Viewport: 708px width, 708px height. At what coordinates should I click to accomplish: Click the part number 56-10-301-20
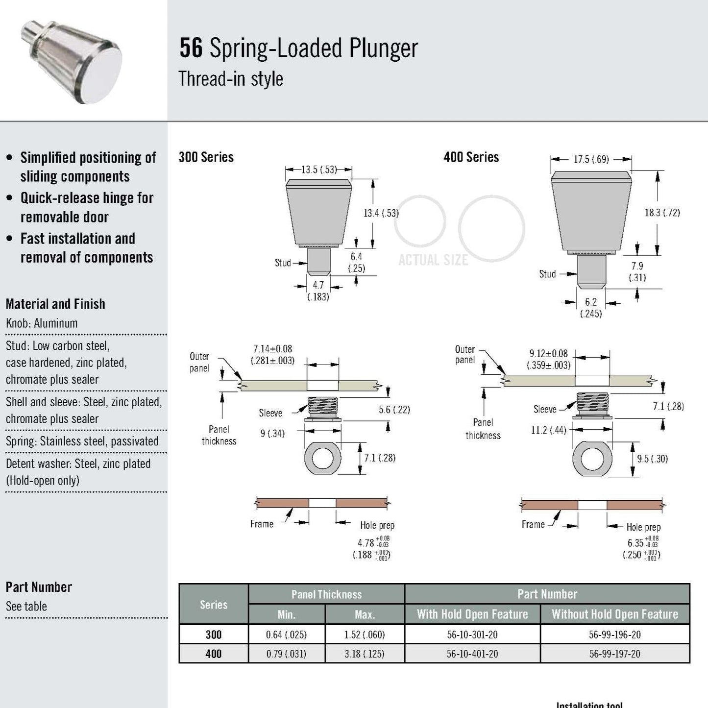[x=472, y=635]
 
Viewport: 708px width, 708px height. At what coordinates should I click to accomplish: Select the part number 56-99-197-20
[x=614, y=654]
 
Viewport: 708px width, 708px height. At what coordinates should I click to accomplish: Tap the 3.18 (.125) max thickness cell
[x=364, y=654]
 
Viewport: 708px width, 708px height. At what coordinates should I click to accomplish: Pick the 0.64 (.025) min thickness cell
[x=286, y=635]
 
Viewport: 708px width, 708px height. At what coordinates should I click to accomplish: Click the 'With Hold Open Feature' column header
[x=472, y=614]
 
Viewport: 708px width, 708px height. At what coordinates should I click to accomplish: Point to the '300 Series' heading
[x=206, y=157]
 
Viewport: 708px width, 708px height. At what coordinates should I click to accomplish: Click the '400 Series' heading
[x=471, y=157]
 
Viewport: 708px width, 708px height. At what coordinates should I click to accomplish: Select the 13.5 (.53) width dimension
[x=318, y=170]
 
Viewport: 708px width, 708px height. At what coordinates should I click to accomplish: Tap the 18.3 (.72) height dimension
[x=662, y=212]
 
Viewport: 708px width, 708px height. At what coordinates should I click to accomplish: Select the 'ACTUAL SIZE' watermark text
[x=433, y=260]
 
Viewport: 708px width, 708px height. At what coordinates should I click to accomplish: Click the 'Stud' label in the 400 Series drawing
[x=547, y=274]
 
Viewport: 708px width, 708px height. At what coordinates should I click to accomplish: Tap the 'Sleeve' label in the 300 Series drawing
[x=270, y=413]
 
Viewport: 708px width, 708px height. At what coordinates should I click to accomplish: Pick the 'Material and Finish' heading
[x=55, y=304]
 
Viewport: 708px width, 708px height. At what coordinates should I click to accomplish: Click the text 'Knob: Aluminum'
[x=42, y=323]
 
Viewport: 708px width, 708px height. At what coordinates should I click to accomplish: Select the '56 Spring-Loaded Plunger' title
[x=298, y=48]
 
